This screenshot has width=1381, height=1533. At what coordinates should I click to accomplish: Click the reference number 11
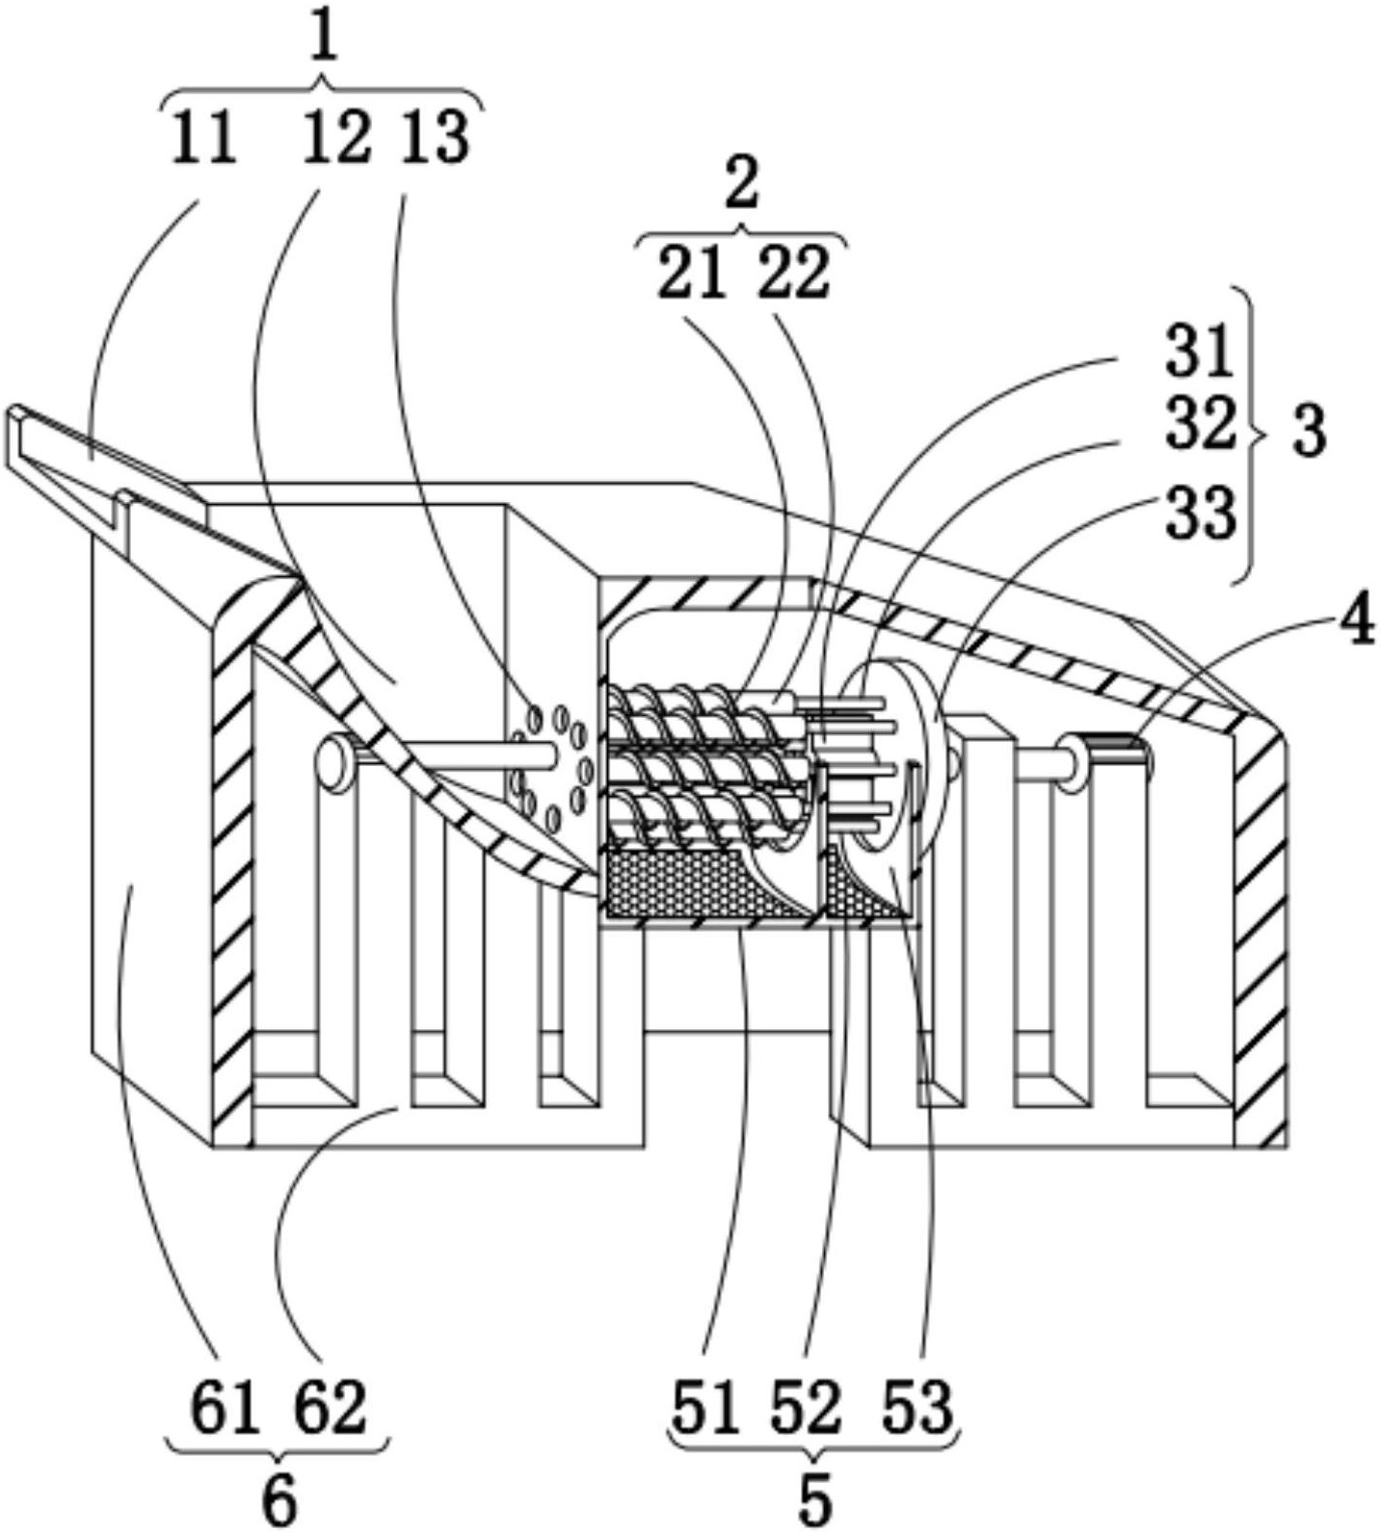tap(205, 138)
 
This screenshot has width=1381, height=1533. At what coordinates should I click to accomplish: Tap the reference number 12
tap(336, 138)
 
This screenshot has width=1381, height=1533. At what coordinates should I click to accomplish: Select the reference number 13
tap(438, 138)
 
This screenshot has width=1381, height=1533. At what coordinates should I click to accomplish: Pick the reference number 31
tap(1200, 352)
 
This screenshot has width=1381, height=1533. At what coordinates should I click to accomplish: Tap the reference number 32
tap(1200, 424)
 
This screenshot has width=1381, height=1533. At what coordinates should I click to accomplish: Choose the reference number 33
tap(1200, 512)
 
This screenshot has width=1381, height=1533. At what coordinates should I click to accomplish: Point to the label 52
tap(806, 1408)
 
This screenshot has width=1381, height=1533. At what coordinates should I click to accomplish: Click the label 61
tap(226, 1408)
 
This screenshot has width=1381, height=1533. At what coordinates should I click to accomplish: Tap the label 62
tap(330, 1408)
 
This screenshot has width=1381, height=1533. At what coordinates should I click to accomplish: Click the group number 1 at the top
tap(325, 41)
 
